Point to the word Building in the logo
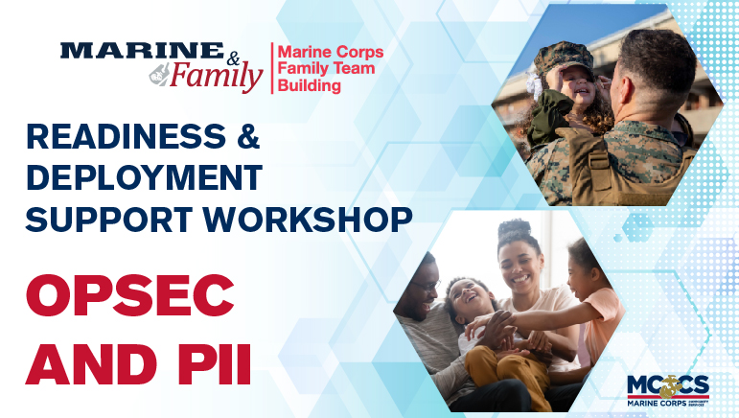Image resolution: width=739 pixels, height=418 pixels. point(309,86)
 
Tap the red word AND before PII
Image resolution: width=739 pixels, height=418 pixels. point(86,364)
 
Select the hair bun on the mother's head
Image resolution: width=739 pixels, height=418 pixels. point(515,229)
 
